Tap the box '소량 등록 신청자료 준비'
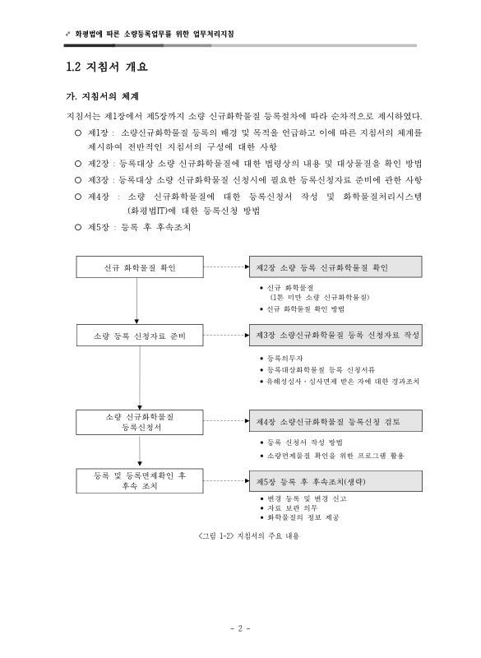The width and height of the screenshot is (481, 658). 139,336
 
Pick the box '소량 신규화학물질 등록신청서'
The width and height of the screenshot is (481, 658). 139,422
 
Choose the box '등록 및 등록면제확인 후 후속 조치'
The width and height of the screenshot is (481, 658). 139,480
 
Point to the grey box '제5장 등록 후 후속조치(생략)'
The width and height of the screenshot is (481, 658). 333,480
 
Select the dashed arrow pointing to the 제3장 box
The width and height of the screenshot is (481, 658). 224,336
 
